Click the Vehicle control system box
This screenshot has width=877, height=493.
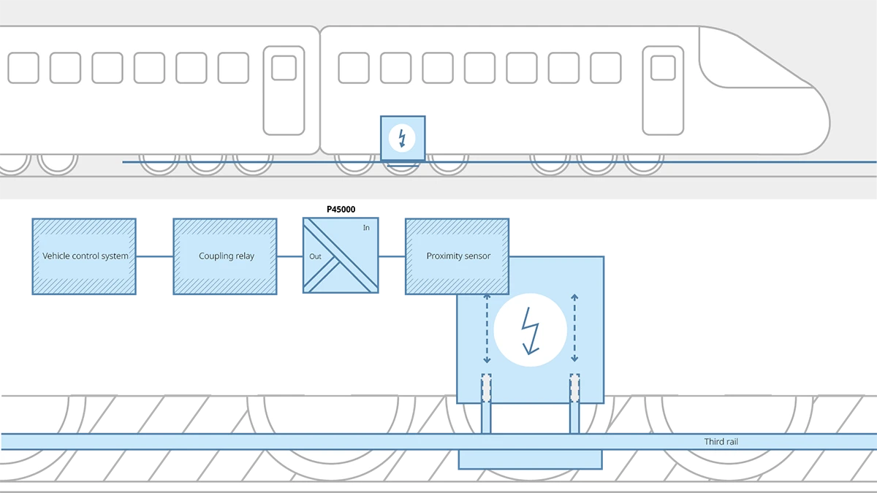point(83,256)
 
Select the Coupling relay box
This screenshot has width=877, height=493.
point(225,256)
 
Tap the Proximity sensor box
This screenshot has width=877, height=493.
point(458,256)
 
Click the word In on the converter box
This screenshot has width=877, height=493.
point(366,228)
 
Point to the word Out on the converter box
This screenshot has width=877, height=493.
point(315,256)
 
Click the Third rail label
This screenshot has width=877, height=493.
point(721,442)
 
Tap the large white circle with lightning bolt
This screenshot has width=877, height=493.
point(530,328)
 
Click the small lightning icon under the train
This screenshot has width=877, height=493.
point(401,137)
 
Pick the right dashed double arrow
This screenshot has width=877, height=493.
point(574,328)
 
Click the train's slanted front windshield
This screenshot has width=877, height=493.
point(753,62)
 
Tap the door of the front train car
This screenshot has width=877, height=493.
point(663,91)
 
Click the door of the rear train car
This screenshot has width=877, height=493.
point(284,91)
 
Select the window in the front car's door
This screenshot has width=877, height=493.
point(663,68)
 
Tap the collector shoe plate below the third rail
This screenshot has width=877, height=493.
point(530,459)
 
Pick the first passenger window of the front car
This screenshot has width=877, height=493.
point(354,68)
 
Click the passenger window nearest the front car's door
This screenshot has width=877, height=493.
point(605,68)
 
